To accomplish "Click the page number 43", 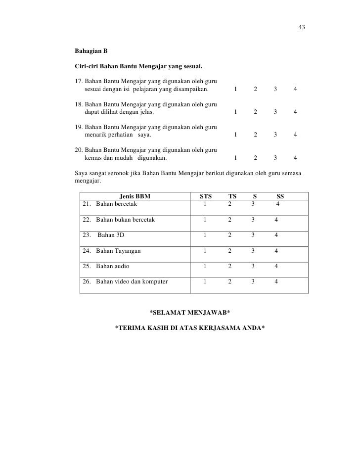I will tap(301, 27).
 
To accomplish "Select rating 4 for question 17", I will tap(295, 90).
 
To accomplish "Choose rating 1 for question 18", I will tap(236, 112).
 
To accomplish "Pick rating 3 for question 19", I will tap(275, 135).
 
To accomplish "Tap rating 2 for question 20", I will tap(255, 158).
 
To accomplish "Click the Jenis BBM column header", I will tap(135, 196).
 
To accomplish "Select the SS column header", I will tap(280, 196).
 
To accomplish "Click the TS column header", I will tap(232, 196).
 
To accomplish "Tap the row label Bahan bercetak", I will tap(116, 203).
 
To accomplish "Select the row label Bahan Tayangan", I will tap(118, 251).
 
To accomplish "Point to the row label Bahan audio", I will tap(113, 266).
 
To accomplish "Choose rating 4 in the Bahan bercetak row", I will tap(278, 203).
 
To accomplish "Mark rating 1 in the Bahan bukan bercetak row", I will tap(205, 219).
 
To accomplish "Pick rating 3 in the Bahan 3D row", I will tap(253, 235).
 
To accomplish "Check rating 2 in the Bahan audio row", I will tap(229, 266).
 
